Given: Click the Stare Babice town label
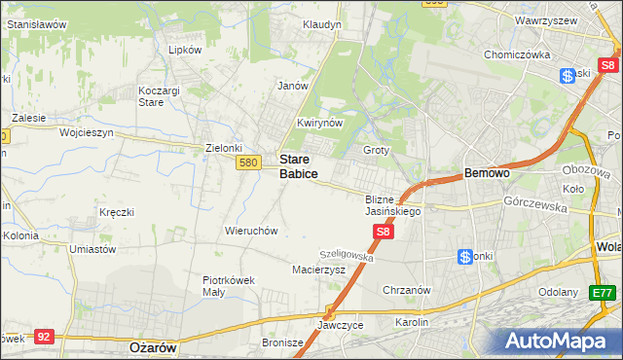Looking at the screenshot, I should (x=298, y=165).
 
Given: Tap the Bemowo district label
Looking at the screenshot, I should (x=487, y=172).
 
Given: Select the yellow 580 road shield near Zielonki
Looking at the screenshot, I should (x=247, y=163).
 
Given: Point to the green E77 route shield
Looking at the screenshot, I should (x=603, y=292).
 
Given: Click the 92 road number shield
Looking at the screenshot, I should (x=43, y=336).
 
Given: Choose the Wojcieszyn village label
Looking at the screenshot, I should (x=87, y=131).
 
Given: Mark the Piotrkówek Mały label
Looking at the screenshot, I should (x=228, y=285).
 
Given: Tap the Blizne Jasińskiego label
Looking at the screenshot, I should (x=392, y=204).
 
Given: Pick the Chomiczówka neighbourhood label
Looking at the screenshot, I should (x=517, y=54).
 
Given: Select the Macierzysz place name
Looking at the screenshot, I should (x=319, y=270).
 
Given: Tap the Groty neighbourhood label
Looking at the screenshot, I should (x=376, y=150).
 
